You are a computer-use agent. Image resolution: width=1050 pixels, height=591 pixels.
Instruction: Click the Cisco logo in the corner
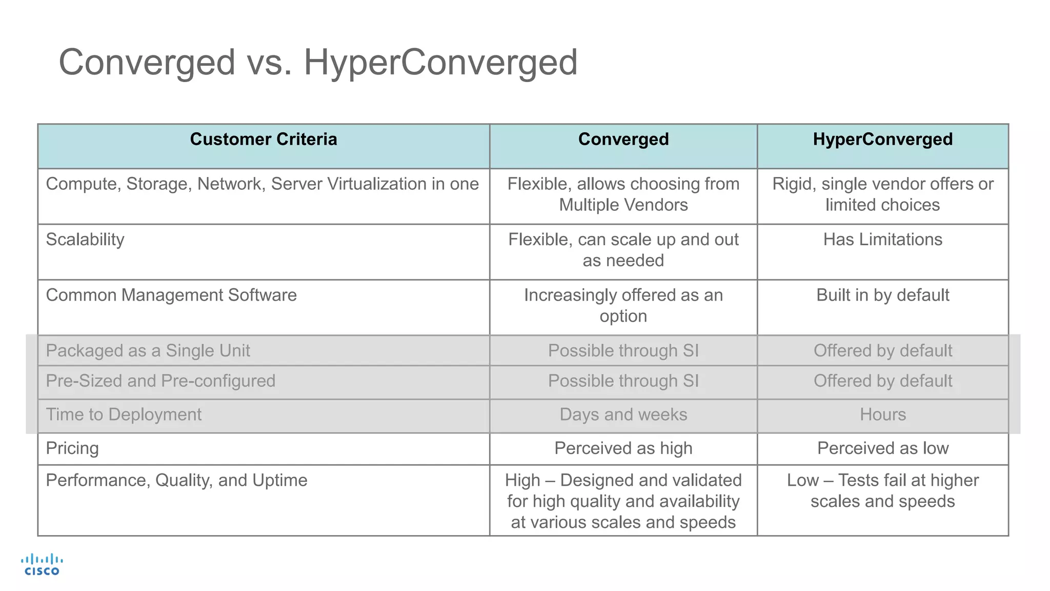point(42,564)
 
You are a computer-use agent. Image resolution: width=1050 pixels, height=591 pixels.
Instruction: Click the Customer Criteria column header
point(264,140)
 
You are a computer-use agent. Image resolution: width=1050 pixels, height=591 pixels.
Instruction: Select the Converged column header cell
point(623,140)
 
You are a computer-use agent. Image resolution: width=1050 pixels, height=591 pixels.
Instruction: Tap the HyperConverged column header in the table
point(882,140)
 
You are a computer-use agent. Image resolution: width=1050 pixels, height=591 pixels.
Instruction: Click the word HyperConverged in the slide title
point(440,63)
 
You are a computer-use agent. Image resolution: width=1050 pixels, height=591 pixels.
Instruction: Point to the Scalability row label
point(85,240)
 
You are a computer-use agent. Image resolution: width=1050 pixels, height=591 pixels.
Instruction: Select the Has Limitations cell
point(882,240)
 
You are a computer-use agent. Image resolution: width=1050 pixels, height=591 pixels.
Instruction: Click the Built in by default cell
point(882,295)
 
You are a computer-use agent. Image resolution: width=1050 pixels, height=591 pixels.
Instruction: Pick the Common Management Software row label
point(171,295)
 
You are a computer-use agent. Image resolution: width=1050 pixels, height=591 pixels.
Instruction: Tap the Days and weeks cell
point(623,415)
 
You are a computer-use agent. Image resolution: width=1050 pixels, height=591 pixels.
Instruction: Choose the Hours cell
point(882,415)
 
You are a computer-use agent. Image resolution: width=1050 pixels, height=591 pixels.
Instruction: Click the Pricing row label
point(72,448)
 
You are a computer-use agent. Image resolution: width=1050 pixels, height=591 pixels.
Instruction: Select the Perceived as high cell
point(623,448)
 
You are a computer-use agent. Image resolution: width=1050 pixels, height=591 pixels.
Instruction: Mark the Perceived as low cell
point(882,448)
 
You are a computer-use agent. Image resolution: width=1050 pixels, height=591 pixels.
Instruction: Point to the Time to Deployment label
point(124,415)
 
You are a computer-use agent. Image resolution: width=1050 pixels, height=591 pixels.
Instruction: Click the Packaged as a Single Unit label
point(148,351)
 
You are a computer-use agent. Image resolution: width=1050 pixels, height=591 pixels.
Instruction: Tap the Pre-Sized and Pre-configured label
point(160,381)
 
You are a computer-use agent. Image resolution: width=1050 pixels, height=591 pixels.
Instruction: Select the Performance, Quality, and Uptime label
point(176,481)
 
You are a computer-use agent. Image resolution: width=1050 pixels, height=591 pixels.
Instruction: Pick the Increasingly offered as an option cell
point(623,306)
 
